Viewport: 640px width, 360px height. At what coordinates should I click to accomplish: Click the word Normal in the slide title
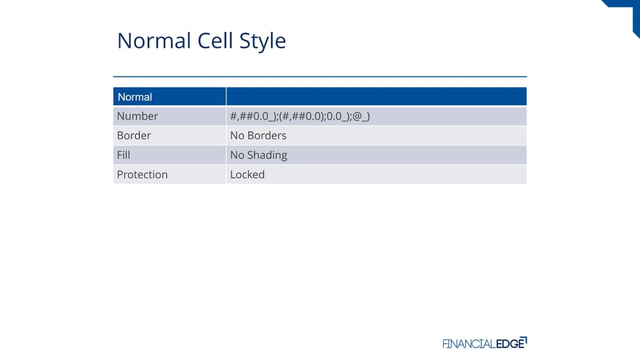point(154,41)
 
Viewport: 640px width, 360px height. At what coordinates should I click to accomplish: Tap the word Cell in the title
point(215,41)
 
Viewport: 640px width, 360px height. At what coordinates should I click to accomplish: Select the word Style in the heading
point(262,42)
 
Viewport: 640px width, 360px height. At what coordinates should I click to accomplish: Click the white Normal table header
point(135,97)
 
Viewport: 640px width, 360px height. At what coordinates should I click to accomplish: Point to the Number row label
point(138,116)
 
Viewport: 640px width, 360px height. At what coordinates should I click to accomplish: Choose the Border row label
point(134,135)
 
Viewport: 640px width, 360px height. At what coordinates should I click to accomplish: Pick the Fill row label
point(123,155)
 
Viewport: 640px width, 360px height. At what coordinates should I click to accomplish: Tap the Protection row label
point(142,174)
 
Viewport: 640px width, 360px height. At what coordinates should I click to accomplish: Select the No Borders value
point(258,135)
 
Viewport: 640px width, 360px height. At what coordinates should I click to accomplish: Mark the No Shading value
point(259,155)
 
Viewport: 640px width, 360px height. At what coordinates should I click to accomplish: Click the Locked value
point(247,174)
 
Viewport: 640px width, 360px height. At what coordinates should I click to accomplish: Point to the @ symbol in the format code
point(357,117)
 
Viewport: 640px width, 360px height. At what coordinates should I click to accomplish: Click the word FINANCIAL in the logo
point(469,343)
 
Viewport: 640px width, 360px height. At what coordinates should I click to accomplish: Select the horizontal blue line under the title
point(320,77)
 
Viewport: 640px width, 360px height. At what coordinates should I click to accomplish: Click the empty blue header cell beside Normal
point(377,97)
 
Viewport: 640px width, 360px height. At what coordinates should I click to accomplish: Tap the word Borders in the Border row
point(267,135)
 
